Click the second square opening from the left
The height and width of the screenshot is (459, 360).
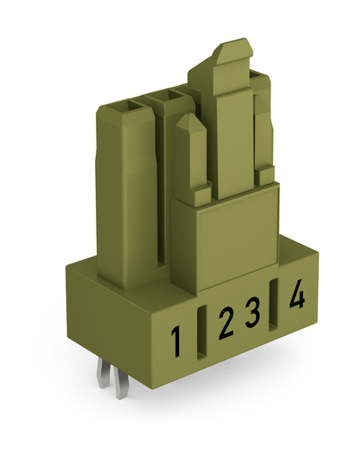(x=165, y=94)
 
